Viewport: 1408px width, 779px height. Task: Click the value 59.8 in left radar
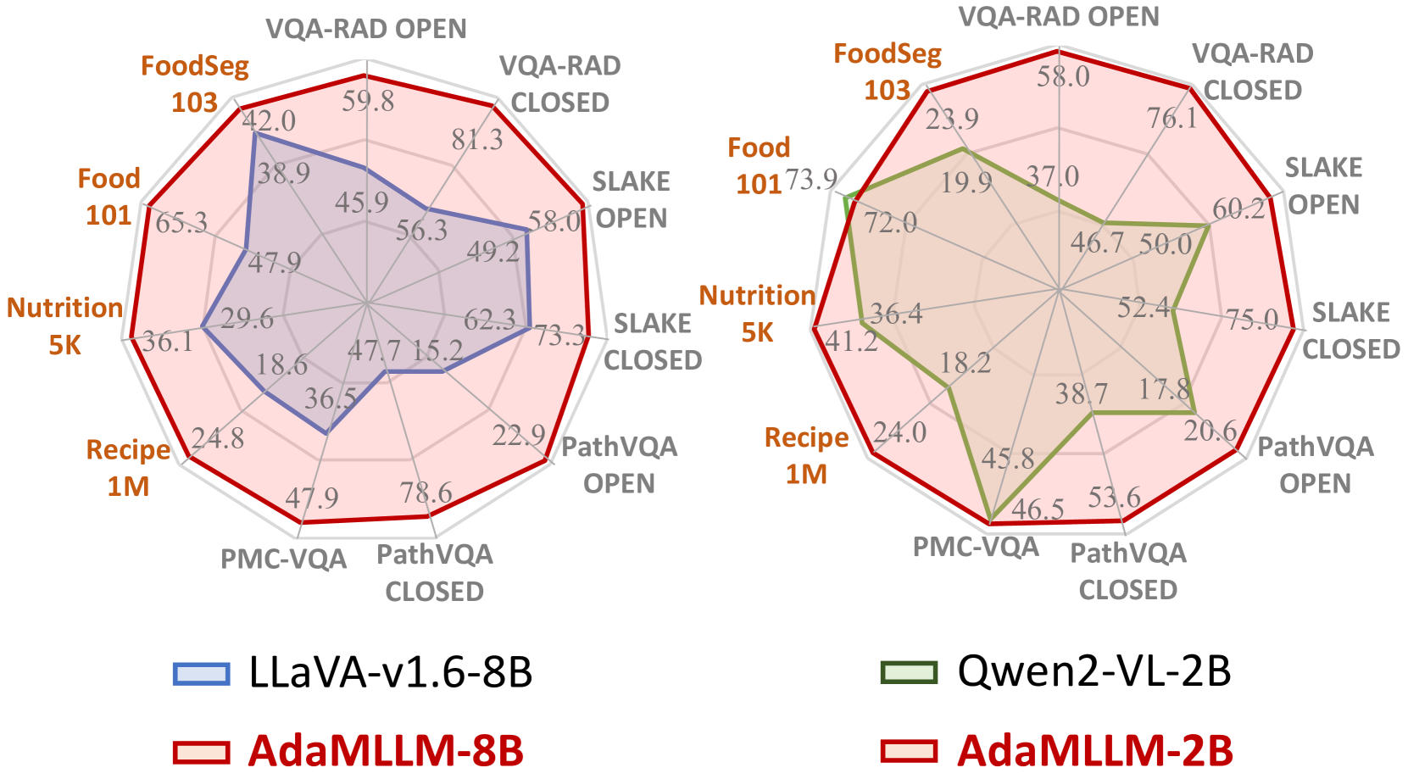[x=368, y=101]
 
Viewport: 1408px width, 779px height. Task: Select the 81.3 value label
[x=476, y=139]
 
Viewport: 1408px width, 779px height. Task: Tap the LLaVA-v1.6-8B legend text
[x=390, y=672]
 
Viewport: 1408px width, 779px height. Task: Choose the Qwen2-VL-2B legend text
[x=1094, y=671]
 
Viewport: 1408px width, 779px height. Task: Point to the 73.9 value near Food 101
[x=811, y=180]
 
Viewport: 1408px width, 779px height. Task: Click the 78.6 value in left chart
[x=426, y=492]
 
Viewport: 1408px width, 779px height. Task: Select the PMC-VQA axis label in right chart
[x=975, y=548]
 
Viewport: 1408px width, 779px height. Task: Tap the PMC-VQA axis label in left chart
[x=283, y=559]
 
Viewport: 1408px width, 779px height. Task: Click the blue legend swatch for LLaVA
[x=201, y=674]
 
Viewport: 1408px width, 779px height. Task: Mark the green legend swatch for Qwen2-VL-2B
[x=909, y=673]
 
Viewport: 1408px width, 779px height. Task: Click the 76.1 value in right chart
[x=1172, y=118]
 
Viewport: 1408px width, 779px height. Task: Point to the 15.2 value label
[x=437, y=350]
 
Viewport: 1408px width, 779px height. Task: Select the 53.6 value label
[x=1114, y=497]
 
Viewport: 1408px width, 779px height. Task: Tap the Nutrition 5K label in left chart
[x=64, y=326]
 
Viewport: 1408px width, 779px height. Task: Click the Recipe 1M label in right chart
[x=806, y=456]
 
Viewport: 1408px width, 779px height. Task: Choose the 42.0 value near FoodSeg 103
[x=269, y=120]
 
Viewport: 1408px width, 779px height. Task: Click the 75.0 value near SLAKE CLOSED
[x=1252, y=320]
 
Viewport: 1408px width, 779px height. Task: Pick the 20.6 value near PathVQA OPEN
[x=1210, y=431]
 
